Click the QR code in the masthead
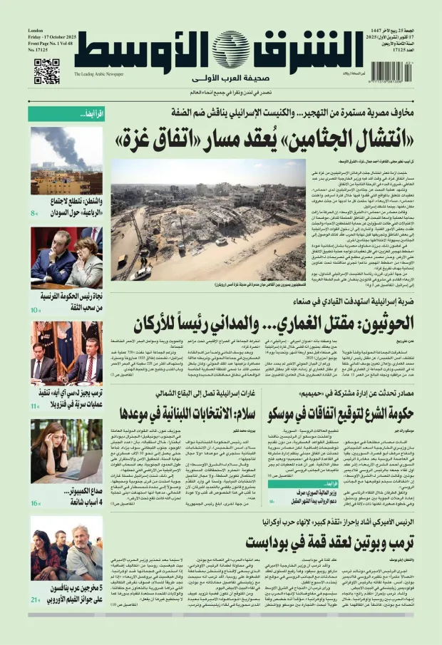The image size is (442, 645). click(x=46, y=71)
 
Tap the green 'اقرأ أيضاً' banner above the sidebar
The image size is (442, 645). click(x=66, y=114)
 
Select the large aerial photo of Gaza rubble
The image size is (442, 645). click(x=208, y=219)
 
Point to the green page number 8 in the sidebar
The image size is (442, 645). click(x=34, y=213)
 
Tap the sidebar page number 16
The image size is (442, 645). click(x=35, y=503)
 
